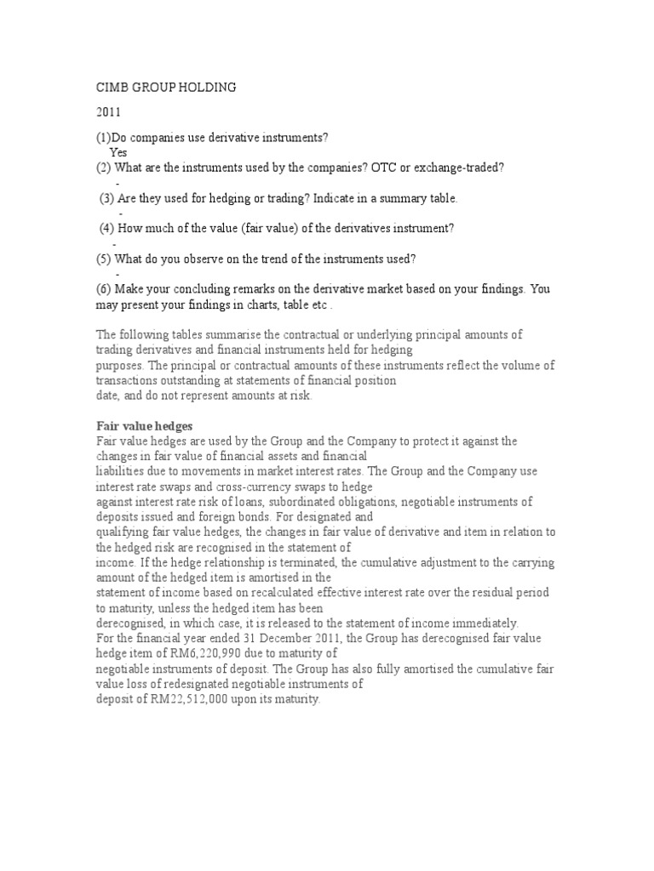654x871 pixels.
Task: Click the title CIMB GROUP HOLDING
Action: pos(164,87)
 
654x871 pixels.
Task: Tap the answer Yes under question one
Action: pos(118,152)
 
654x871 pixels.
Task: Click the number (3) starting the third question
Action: pos(107,198)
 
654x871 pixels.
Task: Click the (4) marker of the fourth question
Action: pos(107,228)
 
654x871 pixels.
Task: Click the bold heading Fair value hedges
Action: pos(137,426)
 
